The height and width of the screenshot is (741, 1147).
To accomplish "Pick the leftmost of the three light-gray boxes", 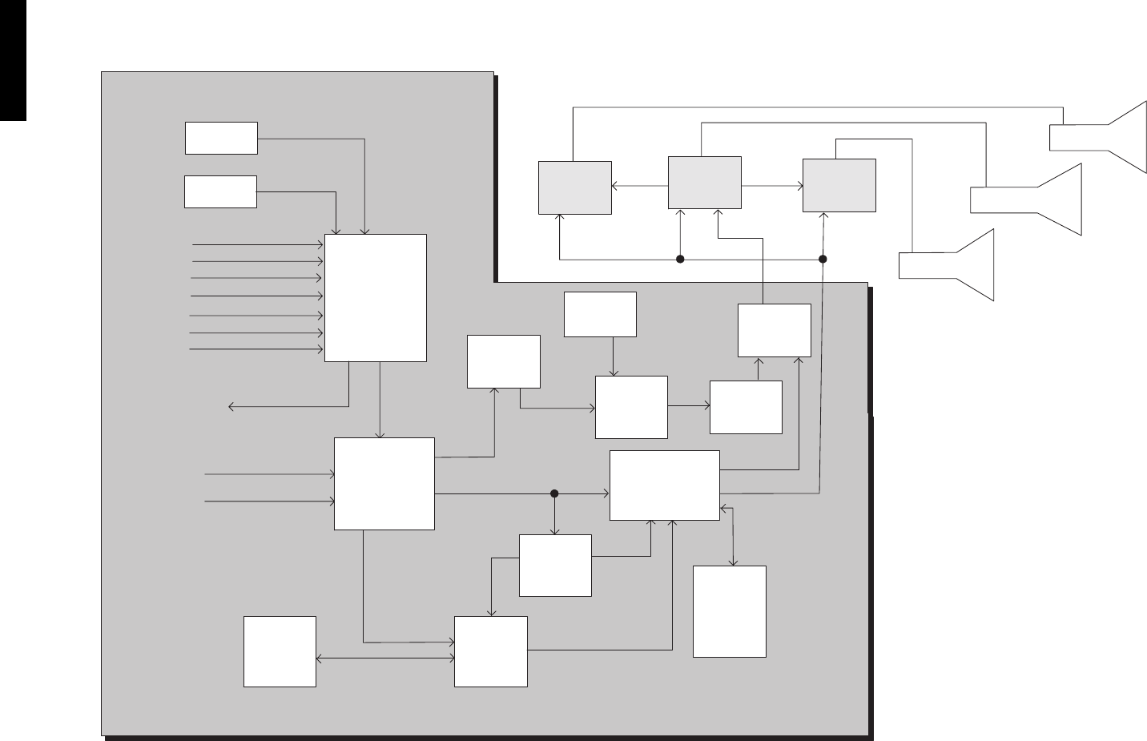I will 574,187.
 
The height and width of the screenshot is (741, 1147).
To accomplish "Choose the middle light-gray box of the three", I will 704,183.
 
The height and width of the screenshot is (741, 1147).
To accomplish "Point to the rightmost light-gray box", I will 839,185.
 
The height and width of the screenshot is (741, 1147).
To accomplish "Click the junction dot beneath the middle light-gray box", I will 680,259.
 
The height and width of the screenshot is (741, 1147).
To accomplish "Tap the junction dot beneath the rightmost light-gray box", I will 822,259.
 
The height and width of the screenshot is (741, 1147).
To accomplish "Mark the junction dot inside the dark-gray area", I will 553,493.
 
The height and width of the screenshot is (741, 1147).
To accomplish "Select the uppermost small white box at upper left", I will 221,138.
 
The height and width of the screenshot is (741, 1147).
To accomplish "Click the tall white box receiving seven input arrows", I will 375,297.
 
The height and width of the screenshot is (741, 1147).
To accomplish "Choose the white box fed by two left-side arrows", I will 384,483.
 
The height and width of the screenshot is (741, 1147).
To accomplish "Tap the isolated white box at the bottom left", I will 280,650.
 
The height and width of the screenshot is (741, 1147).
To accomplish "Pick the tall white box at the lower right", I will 729,611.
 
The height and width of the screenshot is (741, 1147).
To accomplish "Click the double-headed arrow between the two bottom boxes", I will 384,659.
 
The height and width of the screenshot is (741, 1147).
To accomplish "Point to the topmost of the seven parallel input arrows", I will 256,244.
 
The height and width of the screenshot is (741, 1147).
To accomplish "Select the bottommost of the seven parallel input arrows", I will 256,349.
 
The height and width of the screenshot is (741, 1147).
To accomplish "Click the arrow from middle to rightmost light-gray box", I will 772,186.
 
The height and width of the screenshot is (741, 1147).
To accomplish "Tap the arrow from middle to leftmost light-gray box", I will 640,186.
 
